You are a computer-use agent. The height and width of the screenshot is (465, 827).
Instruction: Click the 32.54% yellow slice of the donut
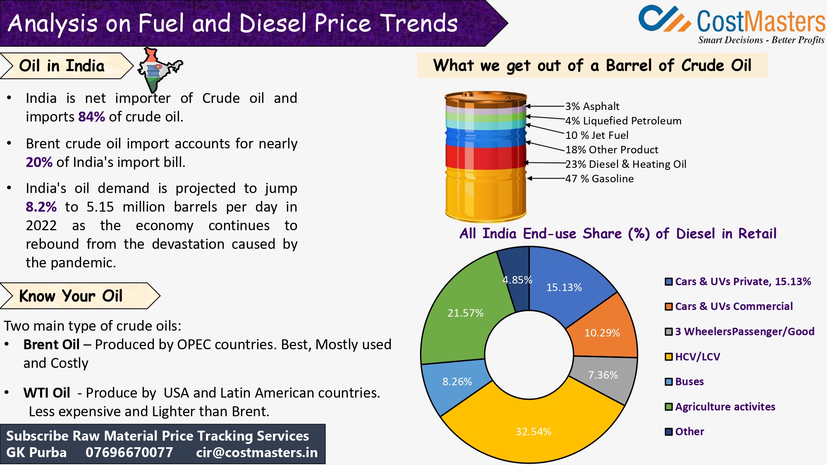[x=533, y=430]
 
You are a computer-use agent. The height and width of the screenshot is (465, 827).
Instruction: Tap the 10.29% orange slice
[x=602, y=333]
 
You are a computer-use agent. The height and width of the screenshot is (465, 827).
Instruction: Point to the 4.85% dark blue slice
[x=515, y=285]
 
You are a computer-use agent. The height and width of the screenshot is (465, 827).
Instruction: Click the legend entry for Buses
[x=689, y=382]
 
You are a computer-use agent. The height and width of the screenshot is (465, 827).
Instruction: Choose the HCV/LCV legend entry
[x=697, y=357]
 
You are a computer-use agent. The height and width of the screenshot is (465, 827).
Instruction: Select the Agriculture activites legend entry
[x=724, y=407]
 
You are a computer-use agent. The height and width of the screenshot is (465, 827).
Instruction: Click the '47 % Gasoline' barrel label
[x=599, y=179]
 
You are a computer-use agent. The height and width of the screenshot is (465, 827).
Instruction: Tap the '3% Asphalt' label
[x=592, y=106]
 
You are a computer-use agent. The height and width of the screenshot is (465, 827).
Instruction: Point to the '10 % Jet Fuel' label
[x=597, y=135]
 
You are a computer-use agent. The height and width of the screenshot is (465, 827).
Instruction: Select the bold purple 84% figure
[x=92, y=117]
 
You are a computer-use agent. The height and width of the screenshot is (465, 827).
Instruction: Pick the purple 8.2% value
[x=41, y=207]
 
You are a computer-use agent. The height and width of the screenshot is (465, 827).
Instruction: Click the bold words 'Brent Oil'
[x=51, y=344]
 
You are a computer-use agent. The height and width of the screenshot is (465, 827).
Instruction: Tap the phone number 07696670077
[x=129, y=453]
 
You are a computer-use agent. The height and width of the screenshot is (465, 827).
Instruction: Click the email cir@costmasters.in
[x=257, y=453]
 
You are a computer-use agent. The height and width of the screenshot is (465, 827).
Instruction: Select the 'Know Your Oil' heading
[x=71, y=296]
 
